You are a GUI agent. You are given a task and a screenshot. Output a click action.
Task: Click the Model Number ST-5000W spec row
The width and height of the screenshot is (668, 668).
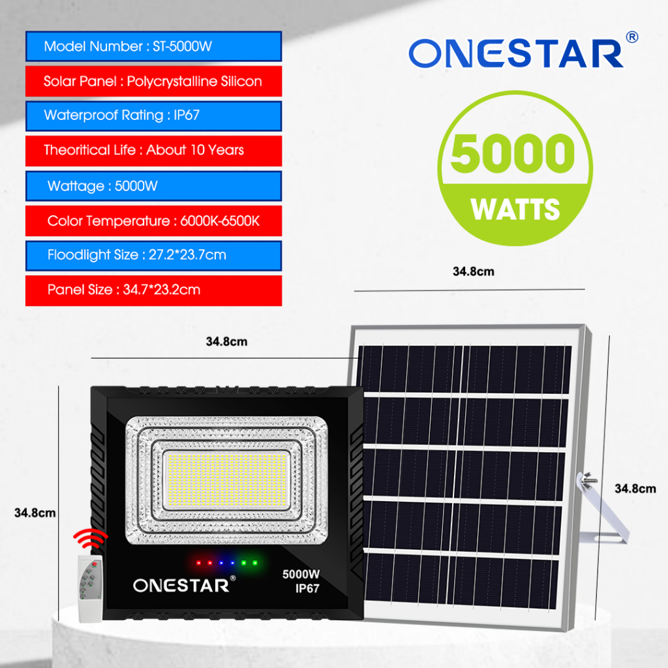(153, 47)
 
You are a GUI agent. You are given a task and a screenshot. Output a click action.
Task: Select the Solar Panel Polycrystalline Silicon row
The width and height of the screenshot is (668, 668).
(153, 82)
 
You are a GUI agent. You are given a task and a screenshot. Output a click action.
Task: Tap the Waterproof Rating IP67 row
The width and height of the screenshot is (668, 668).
(153, 116)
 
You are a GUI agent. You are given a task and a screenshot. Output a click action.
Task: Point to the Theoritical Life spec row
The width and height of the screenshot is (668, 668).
(153, 151)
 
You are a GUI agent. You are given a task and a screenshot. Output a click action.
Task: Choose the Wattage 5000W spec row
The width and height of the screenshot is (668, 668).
(153, 186)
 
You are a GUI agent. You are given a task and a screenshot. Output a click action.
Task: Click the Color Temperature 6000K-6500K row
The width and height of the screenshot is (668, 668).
(153, 221)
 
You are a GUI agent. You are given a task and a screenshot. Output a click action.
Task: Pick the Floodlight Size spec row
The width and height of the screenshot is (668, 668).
(153, 255)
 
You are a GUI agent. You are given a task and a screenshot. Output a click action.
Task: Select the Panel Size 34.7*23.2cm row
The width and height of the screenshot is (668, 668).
(153, 290)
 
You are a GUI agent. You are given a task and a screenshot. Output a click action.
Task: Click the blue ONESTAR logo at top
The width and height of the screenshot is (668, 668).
(515, 55)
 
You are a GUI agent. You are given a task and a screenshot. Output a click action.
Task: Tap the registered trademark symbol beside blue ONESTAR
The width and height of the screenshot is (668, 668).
(631, 38)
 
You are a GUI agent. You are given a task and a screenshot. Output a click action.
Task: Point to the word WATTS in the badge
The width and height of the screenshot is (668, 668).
(515, 210)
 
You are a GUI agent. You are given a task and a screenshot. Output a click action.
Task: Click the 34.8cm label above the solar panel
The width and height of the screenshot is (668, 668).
(473, 272)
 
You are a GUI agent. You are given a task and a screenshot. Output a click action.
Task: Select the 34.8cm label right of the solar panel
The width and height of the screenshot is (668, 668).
(635, 489)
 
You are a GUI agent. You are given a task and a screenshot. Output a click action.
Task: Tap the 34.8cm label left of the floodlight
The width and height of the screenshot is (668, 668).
(35, 513)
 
